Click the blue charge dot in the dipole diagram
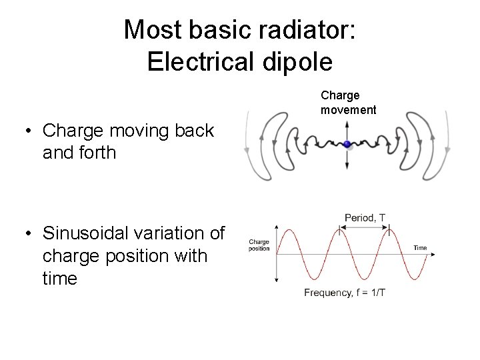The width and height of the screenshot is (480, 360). (347, 145)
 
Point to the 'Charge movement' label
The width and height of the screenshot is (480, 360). (348, 103)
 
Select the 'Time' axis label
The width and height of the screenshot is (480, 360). (420, 248)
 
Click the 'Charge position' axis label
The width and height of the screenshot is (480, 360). (259, 245)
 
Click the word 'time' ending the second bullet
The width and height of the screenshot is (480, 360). (59, 278)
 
